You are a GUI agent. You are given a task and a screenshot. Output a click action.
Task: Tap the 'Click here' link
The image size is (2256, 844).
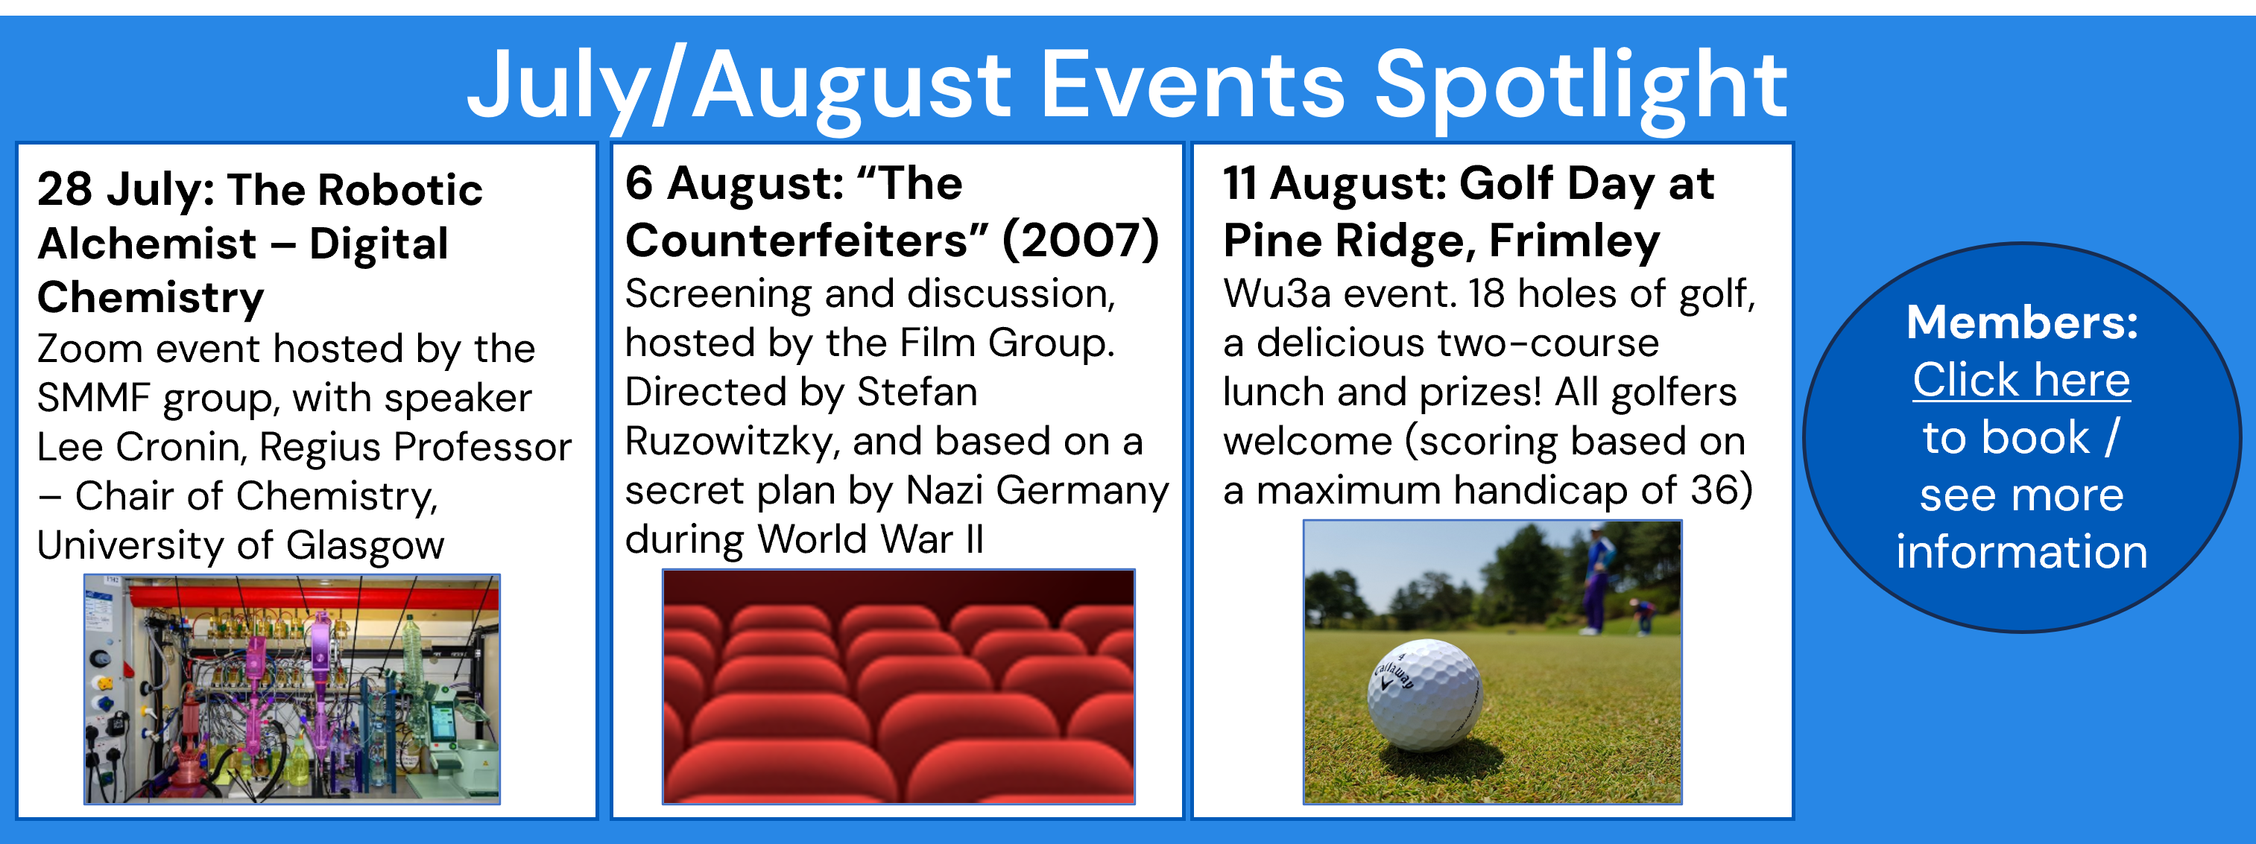pyautogui.click(x=2021, y=380)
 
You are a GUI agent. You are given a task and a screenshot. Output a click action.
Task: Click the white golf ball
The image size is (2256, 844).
pyautogui.click(x=1424, y=694)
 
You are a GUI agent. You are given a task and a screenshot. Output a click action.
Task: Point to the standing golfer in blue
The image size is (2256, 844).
pyautogui.click(x=1599, y=578)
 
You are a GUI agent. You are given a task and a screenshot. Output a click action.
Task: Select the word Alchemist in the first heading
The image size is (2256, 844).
pyautogui.click(x=147, y=244)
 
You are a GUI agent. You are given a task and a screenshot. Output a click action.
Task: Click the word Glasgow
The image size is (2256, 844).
pyautogui.click(x=365, y=546)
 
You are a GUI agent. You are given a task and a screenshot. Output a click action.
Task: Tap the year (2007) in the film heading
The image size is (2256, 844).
pyautogui.click(x=1081, y=241)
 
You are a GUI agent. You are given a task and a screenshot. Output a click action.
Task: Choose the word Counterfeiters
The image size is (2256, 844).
pyautogui.click(x=806, y=241)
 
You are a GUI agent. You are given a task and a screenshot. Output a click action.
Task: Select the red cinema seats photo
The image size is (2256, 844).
pyautogui.click(x=899, y=686)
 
